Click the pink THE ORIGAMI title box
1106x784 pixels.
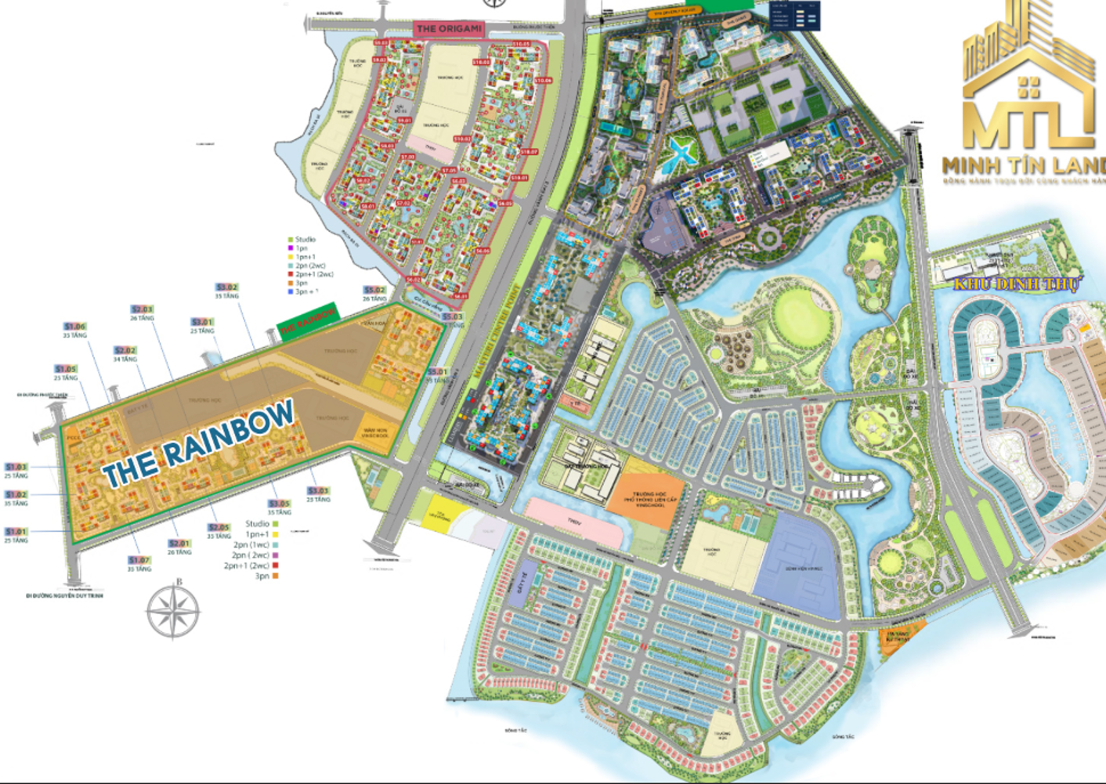449,28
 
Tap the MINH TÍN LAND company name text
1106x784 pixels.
1023,164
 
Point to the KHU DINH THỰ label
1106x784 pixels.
1016,284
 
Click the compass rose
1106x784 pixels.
173,609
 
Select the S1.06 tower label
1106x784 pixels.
75,327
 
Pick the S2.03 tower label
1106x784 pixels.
143,309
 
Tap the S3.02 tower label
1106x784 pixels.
226,287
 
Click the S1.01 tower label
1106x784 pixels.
16,532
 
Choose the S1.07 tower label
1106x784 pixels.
139,560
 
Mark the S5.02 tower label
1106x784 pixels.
374,291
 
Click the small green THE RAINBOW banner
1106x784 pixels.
308,320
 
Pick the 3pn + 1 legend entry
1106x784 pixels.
303,291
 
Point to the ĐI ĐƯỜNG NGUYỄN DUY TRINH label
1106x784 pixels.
64,595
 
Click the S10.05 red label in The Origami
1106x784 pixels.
521,44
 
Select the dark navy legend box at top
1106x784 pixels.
794,16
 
